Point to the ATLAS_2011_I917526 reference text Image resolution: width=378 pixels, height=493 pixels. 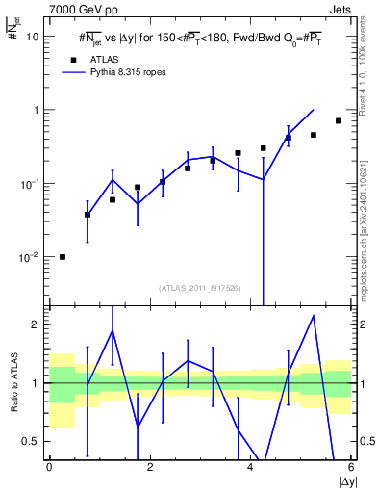point(199,287)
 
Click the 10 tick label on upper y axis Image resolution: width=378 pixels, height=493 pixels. point(32,37)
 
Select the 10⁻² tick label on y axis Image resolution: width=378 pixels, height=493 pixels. point(29,257)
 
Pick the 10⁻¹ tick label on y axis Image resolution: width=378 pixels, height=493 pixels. point(29,183)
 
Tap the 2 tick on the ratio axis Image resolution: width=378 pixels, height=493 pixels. point(35,324)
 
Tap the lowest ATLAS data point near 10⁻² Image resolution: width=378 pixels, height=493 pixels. point(63,257)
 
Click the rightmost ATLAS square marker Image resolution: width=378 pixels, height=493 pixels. point(339,120)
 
